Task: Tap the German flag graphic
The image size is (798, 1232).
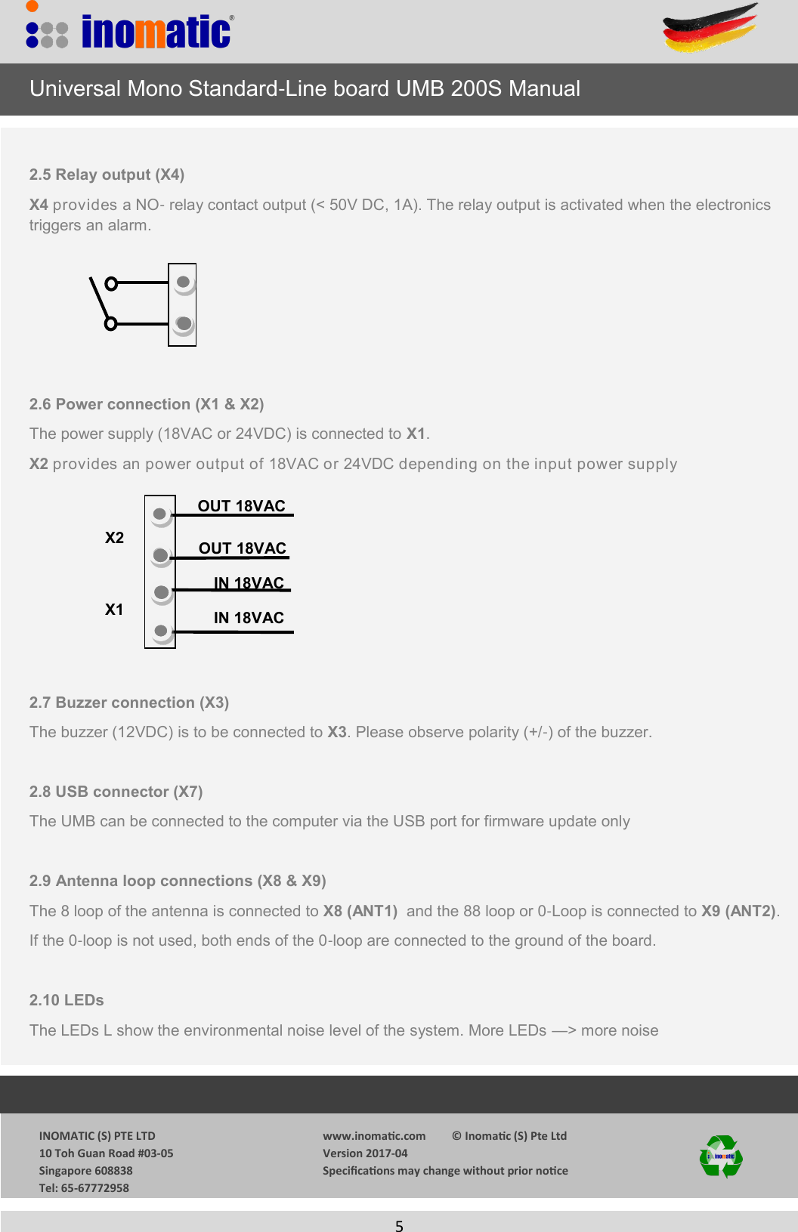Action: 710,29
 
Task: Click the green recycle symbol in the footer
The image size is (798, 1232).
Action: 721,1156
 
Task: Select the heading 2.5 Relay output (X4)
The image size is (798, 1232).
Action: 107,174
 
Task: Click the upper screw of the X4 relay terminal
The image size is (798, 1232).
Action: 183,283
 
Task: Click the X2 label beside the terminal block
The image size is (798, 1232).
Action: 114,538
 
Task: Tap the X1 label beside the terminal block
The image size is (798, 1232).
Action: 114,610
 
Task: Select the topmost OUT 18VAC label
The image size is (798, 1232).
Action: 241,506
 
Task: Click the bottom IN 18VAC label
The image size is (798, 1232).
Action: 249,618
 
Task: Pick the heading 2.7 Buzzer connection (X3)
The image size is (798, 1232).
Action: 129,702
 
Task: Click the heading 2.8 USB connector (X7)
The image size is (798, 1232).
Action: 116,792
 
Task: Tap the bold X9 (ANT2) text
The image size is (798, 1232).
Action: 738,911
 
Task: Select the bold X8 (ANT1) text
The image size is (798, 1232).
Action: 360,911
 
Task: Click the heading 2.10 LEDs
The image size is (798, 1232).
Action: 66,1000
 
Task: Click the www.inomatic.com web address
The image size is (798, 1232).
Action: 374,1136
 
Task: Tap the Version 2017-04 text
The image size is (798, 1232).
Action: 365,1153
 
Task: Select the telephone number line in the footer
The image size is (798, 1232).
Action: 84,1188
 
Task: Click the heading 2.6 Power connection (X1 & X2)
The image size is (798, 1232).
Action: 147,404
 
